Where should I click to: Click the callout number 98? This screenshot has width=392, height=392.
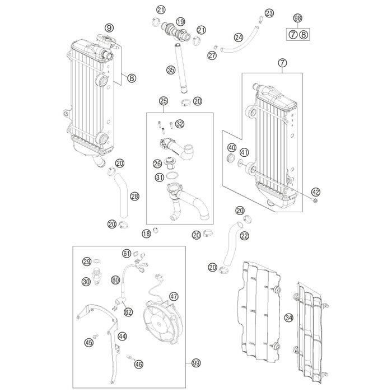297,18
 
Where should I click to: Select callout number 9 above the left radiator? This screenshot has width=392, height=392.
109,27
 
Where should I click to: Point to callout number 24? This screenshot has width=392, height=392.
239,38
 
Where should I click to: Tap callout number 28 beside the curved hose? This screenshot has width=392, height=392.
134,197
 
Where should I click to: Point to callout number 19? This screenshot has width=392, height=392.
180,21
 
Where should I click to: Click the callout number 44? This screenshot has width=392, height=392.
122,337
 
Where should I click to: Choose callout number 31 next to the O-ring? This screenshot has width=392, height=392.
159,178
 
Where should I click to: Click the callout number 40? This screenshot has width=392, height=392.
231,148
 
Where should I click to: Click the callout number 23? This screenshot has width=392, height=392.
269,13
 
